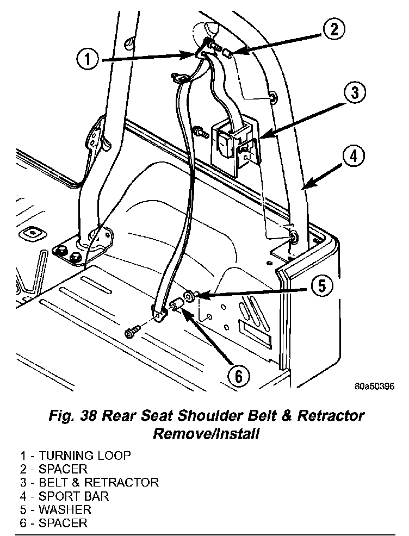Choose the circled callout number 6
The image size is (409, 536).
pos(238,375)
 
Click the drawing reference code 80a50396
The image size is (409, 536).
pos(373,387)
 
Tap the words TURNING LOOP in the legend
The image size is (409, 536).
pos(84,455)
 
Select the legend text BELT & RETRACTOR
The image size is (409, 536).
pos(98,482)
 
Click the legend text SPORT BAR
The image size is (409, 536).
pos(73,496)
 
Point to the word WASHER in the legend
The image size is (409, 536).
pos(65,509)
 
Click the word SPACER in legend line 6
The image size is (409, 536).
pos(63,523)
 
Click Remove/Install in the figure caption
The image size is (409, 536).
pos(206,434)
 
